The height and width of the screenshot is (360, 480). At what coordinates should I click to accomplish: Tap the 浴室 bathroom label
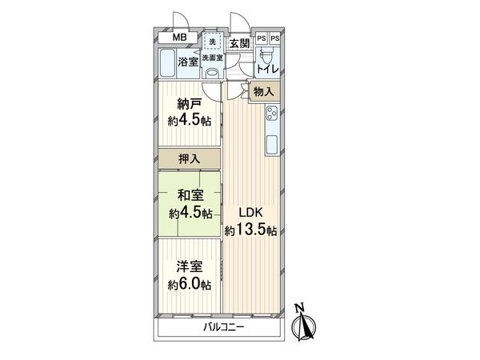189,61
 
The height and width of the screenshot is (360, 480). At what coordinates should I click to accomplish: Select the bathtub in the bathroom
168,63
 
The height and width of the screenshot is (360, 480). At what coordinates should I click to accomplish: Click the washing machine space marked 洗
212,41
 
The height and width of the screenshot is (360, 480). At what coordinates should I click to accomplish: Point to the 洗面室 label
212,58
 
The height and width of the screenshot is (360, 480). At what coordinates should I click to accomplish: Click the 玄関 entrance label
238,43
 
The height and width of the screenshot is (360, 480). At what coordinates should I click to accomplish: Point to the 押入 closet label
190,160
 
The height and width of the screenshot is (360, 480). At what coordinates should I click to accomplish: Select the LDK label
250,214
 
